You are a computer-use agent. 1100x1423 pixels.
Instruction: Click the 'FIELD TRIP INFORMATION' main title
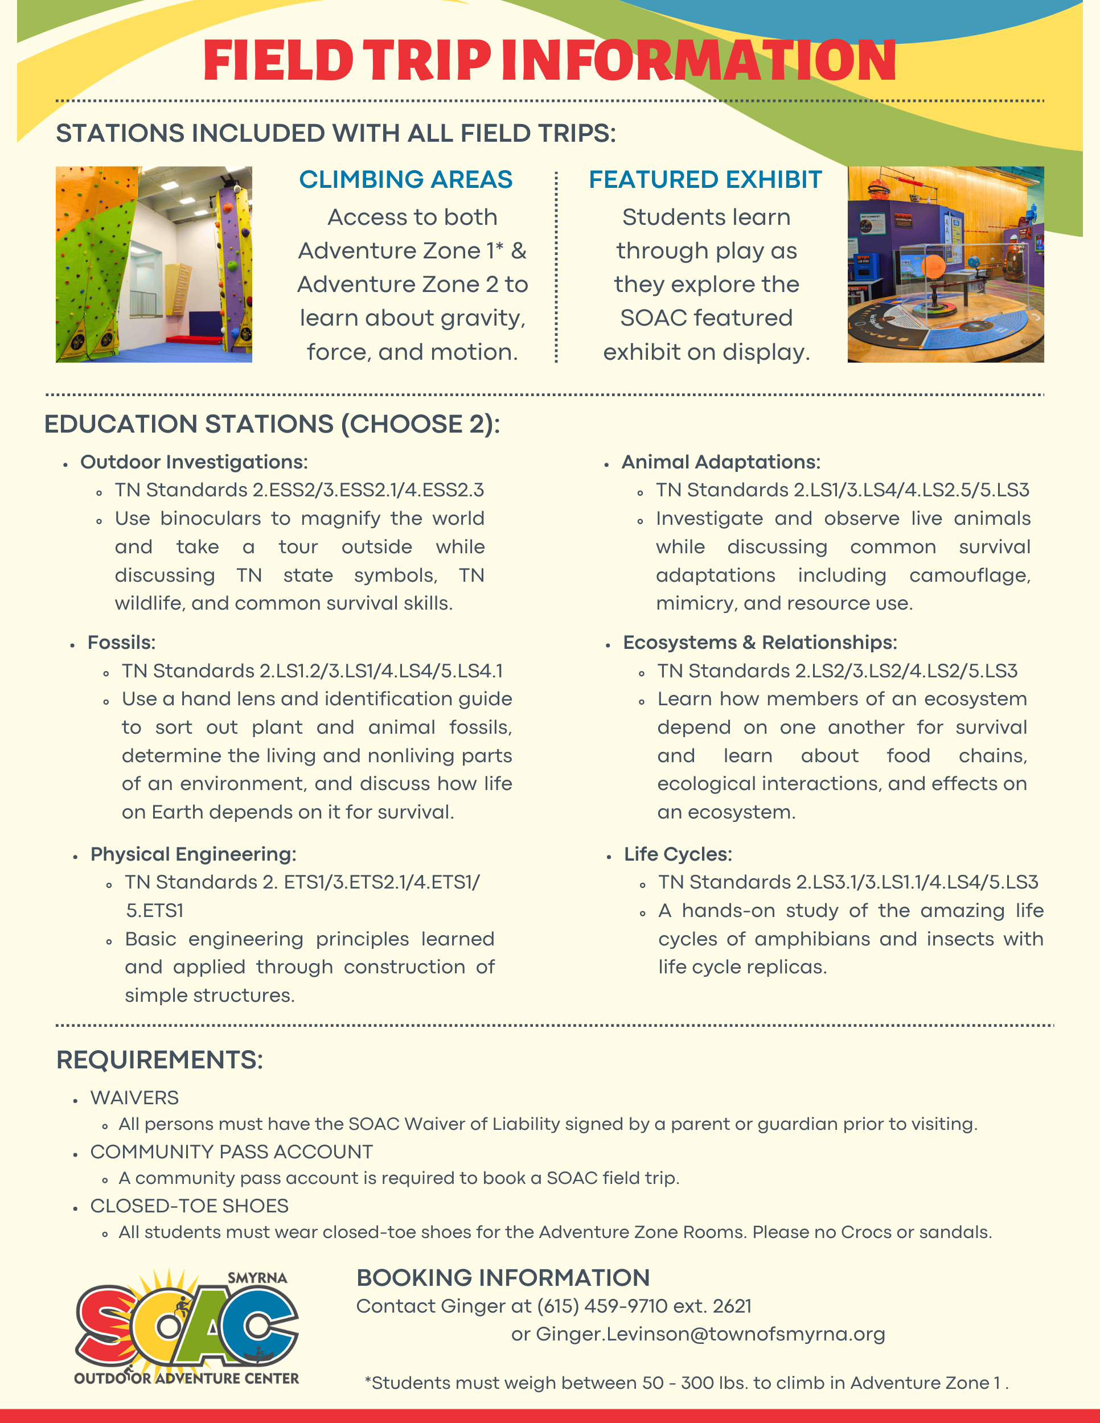(x=549, y=60)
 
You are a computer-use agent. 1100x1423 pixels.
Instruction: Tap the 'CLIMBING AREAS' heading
(x=405, y=179)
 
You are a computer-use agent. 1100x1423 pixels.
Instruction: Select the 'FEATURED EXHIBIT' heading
(x=705, y=179)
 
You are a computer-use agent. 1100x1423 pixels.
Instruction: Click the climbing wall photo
(x=154, y=264)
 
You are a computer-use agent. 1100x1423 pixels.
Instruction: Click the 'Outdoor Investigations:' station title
(x=194, y=462)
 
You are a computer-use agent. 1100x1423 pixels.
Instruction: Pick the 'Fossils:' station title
(x=121, y=643)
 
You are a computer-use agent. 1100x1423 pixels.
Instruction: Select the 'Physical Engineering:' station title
(x=193, y=854)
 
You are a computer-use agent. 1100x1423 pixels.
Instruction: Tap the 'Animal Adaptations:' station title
(x=721, y=462)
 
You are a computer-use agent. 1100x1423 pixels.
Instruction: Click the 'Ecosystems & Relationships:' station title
(x=760, y=643)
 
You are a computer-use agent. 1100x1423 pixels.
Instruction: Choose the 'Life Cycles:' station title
(x=678, y=854)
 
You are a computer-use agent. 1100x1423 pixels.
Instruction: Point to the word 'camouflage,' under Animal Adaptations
(x=970, y=575)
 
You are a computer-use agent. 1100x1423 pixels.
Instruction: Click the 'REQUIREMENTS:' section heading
(x=159, y=1060)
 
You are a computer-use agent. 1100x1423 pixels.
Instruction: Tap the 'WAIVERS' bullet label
(x=134, y=1098)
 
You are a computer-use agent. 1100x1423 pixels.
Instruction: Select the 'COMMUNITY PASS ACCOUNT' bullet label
(x=231, y=1152)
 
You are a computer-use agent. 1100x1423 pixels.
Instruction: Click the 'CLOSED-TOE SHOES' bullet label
(x=189, y=1206)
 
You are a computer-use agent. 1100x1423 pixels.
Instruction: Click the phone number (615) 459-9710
(x=601, y=1306)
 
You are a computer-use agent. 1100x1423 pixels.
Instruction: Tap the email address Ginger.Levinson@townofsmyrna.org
(x=711, y=1334)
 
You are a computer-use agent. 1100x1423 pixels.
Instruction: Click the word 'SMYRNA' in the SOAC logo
(x=257, y=1278)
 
